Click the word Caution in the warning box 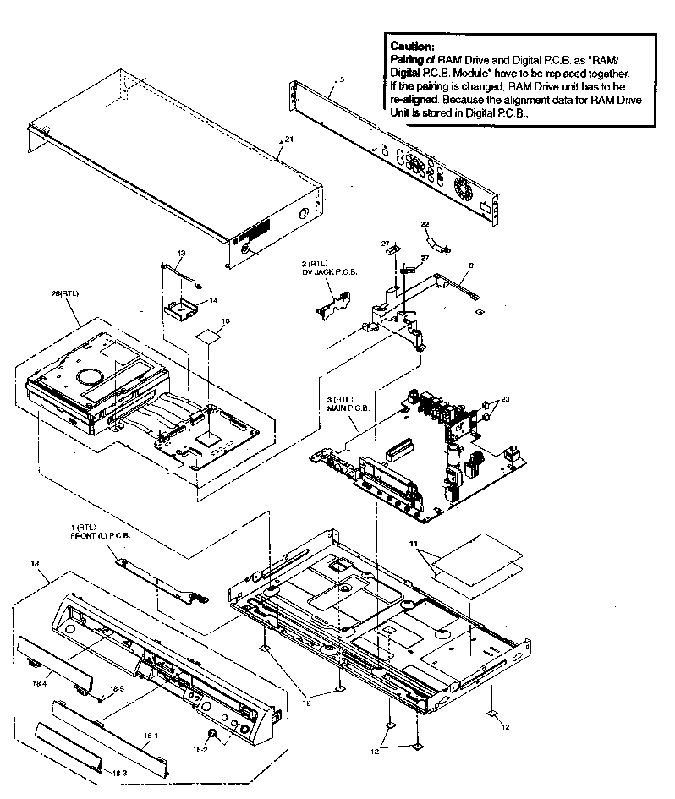[413, 47]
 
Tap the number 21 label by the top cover [288, 140]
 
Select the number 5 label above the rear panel [340, 79]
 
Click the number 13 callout [181, 253]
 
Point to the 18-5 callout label [119, 690]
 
